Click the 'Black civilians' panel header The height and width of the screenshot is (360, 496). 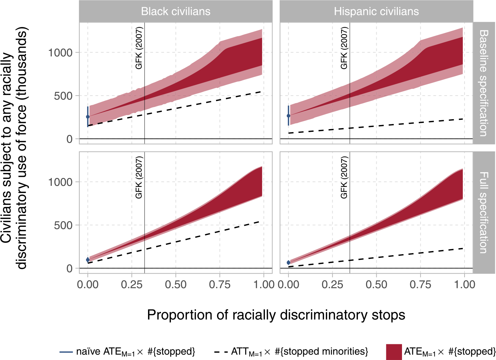click(176, 11)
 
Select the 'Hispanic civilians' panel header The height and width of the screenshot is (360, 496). click(376, 11)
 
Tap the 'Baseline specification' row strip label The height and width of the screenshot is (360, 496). click(483, 83)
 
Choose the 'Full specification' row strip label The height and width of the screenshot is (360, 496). click(483, 212)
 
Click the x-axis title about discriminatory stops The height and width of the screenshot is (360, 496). click(276, 315)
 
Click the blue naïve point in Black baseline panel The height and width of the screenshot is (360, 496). click(88, 117)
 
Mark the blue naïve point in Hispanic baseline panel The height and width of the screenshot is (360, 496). click(289, 116)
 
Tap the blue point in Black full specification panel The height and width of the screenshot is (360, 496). click(88, 260)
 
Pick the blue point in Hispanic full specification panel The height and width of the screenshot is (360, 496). click(289, 262)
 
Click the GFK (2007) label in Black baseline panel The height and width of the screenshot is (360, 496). click(139, 48)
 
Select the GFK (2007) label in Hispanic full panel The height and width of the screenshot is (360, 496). click(344, 177)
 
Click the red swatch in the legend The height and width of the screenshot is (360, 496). click(393, 352)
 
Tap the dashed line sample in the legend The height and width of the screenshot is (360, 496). click(221, 352)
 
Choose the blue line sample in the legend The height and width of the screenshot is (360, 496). click(66, 352)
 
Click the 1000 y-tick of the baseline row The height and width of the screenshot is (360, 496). click(61, 53)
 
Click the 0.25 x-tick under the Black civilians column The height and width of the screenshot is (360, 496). click(132, 285)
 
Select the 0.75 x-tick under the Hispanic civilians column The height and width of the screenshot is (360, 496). click(420, 285)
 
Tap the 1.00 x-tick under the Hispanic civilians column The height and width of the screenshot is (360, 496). click(465, 285)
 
